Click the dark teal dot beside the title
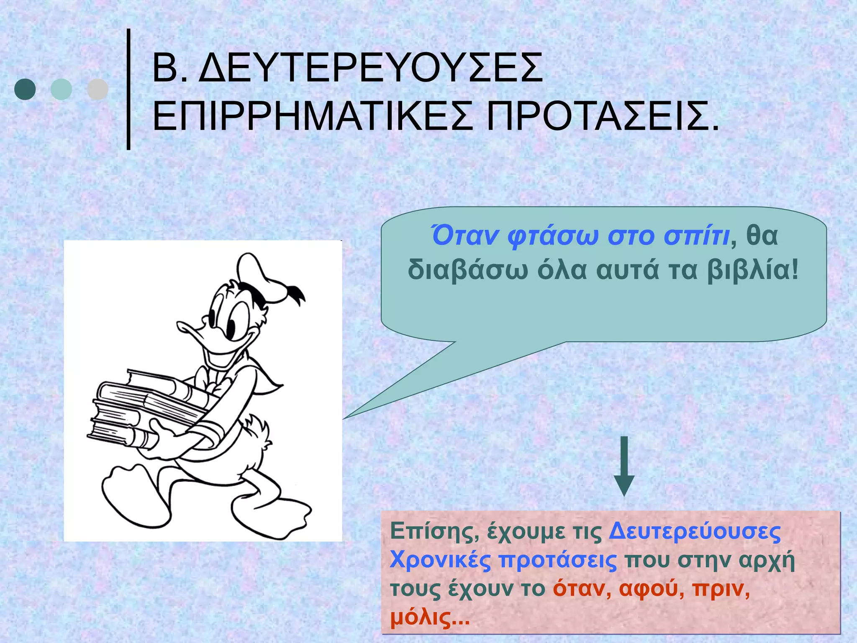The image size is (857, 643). coord(25,89)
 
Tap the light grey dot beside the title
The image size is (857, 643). coord(98,89)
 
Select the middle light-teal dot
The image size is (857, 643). coord(61,89)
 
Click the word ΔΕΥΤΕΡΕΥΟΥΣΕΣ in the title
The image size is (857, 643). coord(370,68)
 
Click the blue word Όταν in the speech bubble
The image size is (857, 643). coord(464,236)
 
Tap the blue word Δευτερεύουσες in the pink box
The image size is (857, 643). coord(695,532)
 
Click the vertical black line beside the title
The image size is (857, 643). coord(128,89)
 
